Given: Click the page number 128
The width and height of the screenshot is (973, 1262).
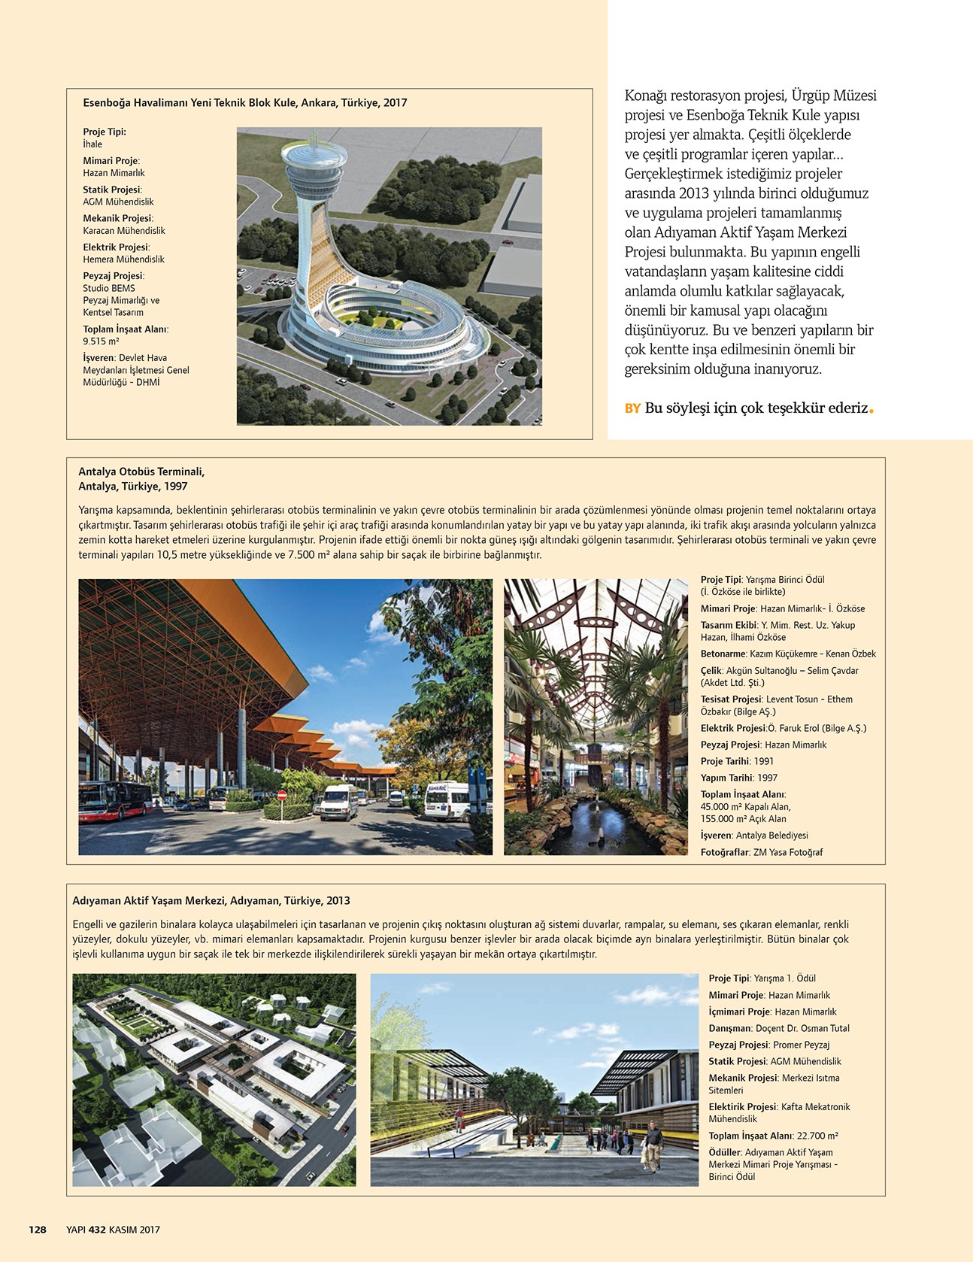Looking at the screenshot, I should tap(38, 1230).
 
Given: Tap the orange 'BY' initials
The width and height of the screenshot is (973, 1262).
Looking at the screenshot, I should tap(632, 408).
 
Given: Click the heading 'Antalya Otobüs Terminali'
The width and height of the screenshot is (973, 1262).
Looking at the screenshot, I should tap(141, 472).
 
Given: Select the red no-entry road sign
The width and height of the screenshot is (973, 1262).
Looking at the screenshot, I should tap(282, 794).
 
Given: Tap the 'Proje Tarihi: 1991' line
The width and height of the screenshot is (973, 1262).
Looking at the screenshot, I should tap(737, 761).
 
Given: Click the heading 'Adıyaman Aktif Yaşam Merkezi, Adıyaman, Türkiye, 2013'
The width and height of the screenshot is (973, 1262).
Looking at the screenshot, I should tap(211, 900).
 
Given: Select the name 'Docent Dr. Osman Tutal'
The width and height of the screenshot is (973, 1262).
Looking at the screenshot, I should tap(802, 1028).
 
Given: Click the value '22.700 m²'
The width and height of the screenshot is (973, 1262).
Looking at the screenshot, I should tap(817, 1136).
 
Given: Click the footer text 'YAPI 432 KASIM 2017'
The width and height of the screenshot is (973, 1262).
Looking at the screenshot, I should tap(113, 1230).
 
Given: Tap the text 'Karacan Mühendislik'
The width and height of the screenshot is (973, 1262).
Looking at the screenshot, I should tap(124, 231).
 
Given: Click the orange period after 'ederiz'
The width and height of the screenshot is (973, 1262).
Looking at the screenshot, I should tap(871, 411).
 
